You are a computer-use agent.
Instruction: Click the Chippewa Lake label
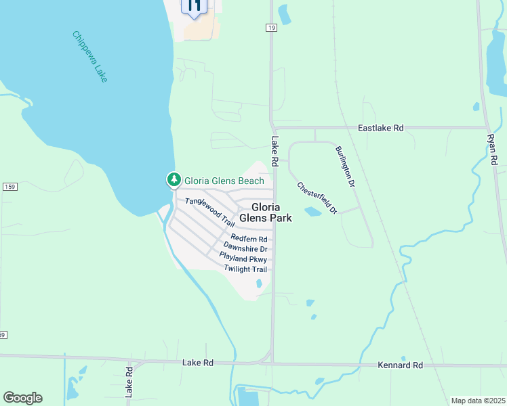(89, 56)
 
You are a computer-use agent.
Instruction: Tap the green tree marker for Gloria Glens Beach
(174, 180)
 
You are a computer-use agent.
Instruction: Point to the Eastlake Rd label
(381, 127)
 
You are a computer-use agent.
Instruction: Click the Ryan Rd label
(493, 149)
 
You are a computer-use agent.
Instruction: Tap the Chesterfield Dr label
(317, 198)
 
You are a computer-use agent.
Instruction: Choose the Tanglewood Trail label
(210, 212)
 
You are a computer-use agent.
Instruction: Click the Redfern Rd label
(249, 239)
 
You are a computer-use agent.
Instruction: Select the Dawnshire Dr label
(245, 249)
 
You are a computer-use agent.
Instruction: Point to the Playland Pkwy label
(243, 258)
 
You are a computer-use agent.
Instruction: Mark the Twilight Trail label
(245, 269)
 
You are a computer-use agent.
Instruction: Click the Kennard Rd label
(400, 365)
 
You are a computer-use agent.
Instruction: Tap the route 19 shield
(270, 27)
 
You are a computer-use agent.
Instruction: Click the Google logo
(22, 398)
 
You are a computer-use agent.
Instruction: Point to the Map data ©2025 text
(477, 401)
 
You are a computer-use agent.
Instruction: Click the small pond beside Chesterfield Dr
(313, 212)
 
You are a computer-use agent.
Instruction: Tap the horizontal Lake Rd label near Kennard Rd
(198, 363)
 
